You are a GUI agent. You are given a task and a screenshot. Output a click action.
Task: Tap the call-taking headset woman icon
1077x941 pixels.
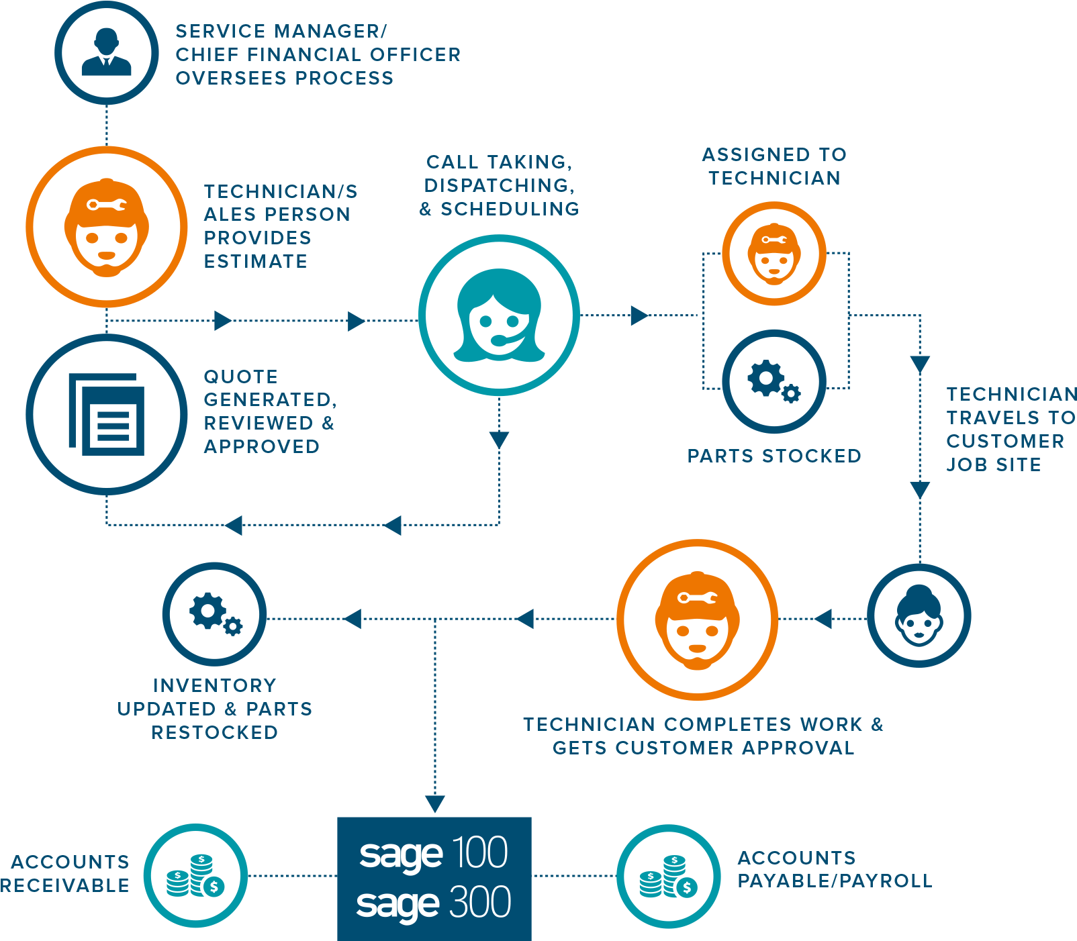499,315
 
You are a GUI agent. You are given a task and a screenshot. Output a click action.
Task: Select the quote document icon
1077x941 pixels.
106,414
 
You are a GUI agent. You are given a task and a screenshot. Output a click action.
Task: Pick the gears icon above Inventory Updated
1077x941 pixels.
215,613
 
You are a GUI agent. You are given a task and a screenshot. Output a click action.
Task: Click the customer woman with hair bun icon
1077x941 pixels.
919,615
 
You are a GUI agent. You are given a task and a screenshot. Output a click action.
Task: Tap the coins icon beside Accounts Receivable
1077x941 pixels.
195,875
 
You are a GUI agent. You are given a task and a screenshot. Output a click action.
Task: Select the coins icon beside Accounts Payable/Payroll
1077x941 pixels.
669,876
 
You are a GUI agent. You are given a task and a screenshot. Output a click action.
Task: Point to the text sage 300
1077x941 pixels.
434,903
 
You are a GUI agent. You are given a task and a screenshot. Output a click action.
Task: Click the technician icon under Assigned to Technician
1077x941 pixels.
774,254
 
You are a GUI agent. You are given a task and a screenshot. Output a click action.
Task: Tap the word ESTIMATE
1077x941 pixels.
256,261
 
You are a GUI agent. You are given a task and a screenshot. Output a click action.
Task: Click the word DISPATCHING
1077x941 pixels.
500,185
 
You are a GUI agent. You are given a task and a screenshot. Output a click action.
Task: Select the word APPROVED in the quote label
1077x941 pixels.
262,446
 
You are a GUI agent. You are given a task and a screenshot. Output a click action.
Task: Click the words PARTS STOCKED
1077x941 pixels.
774,456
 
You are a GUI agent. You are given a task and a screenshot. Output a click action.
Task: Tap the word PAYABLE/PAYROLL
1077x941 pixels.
835,881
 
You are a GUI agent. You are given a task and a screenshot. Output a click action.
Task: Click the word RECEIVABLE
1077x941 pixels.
65,885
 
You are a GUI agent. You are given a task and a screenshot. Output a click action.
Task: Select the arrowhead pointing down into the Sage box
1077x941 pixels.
435,803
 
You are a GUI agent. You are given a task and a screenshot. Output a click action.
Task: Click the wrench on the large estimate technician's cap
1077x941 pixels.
106,204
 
